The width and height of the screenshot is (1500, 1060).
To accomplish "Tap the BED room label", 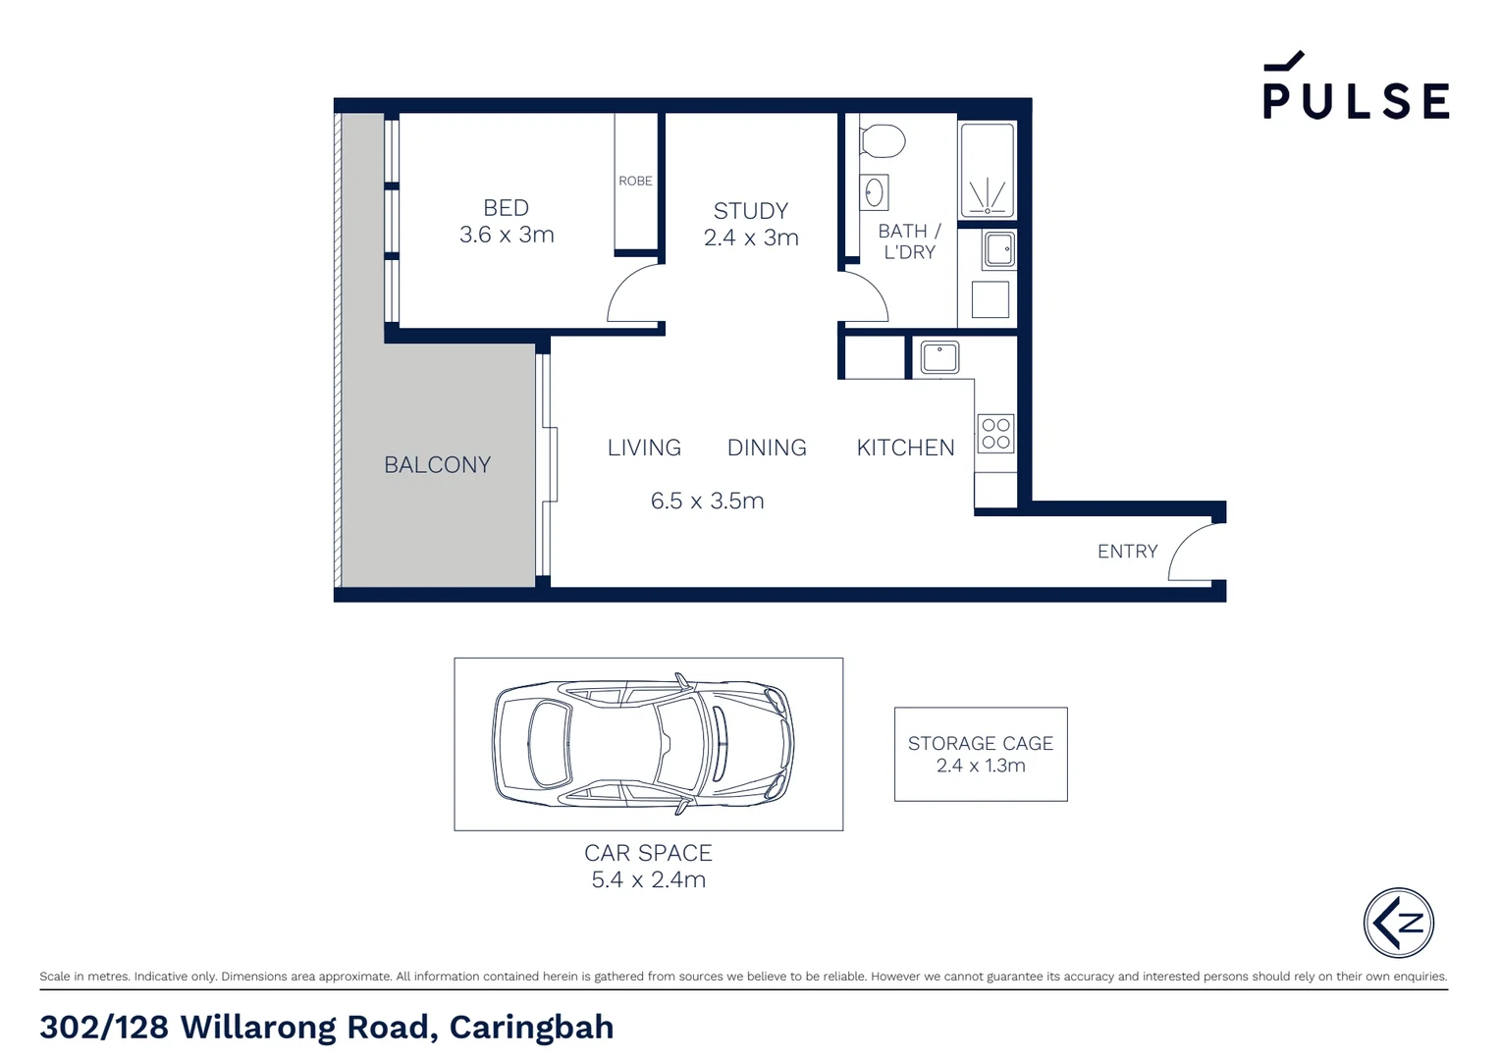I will (506, 208).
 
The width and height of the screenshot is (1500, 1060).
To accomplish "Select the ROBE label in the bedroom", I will (635, 181).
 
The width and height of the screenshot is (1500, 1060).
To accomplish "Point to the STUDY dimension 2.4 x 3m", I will (751, 238).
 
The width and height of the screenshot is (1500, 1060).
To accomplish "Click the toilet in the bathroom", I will (882, 140).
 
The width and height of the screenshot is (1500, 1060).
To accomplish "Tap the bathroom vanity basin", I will (874, 192).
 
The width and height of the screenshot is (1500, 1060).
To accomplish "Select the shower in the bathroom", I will (987, 170).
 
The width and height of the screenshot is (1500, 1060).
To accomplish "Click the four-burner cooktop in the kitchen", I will (995, 434).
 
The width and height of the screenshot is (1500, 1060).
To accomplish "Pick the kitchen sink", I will (939, 357).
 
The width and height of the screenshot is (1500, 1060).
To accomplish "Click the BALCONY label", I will (437, 465).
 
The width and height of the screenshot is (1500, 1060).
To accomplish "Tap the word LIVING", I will (644, 448).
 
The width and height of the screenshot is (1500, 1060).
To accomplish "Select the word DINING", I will (767, 448).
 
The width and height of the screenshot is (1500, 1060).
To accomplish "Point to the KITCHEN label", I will (905, 448).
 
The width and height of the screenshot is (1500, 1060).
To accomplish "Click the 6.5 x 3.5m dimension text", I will (707, 501).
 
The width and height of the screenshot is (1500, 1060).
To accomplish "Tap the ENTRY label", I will (1127, 552).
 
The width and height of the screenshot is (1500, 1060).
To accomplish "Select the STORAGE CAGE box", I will (980, 754).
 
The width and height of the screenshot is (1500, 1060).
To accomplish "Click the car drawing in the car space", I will (643, 743).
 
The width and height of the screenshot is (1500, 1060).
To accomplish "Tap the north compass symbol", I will (1398, 923).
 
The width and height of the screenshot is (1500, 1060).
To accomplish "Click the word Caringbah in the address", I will (531, 1027).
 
